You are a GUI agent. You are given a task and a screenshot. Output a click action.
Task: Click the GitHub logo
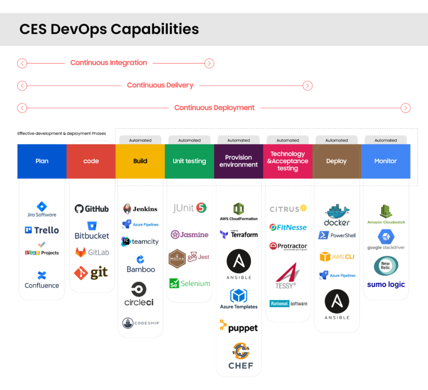pos(91,209)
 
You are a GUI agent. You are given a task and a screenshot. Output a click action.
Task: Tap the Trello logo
pos(42,230)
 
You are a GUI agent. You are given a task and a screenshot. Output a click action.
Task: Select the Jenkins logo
pos(140,209)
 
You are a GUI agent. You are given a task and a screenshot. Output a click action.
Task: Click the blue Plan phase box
pos(42,162)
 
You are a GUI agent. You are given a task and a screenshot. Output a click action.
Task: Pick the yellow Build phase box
pos(140,162)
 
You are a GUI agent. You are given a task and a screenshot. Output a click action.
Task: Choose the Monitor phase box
pos(386,162)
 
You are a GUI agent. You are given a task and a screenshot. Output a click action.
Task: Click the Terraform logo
pos(239,235)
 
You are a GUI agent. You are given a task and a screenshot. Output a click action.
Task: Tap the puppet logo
pos(239,328)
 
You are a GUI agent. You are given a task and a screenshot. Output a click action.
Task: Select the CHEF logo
pos(241,357)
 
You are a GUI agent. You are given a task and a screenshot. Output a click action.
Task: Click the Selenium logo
pos(189,284)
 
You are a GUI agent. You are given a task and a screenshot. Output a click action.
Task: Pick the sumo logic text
pos(386,285)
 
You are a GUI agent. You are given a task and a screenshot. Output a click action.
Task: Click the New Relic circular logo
pos(386,266)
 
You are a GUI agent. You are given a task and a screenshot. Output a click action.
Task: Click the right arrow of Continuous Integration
pos(209,63)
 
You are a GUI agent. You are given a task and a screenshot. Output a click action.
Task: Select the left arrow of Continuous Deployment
pos(22,108)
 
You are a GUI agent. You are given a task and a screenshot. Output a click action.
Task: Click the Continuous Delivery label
pos(160,85)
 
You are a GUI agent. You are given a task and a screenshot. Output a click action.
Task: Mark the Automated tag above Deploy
pos(337,140)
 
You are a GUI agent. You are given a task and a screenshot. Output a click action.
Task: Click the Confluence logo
pos(42,280)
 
